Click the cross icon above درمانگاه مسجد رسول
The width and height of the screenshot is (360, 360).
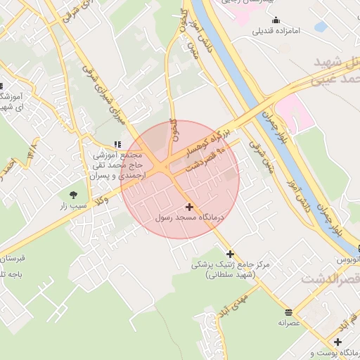point(189,207)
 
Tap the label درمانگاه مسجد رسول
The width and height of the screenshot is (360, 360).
point(188,219)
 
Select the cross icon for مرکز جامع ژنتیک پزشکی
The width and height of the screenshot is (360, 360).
point(229,253)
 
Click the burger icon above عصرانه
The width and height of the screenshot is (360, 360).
point(288,311)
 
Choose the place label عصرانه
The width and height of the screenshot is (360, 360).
point(288,323)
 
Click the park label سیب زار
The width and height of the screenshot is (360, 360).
point(73,205)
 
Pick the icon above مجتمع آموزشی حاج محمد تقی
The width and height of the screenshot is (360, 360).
point(117,143)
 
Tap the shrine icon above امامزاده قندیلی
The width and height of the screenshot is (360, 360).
point(276,20)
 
